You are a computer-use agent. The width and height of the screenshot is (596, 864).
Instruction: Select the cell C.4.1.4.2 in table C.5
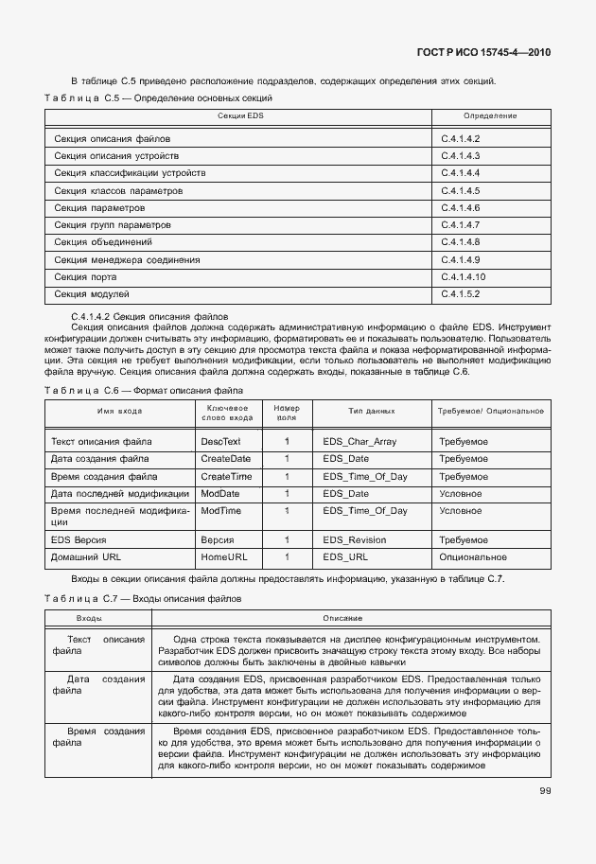(461, 139)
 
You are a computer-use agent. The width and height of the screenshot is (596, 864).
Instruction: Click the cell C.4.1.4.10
(464, 276)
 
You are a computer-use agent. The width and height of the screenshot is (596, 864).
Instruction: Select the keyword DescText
(220, 442)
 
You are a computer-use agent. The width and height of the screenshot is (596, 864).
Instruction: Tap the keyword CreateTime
(226, 477)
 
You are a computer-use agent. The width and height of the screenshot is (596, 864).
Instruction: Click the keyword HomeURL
(223, 557)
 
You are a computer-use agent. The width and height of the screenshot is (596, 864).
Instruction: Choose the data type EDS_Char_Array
(359, 442)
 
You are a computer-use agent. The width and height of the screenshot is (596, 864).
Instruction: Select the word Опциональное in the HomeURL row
(472, 557)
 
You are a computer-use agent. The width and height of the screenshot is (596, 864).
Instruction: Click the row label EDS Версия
(81, 540)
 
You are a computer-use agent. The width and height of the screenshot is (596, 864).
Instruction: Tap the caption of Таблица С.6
(143, 390)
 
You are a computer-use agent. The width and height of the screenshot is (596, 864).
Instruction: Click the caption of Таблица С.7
(143, 599)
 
